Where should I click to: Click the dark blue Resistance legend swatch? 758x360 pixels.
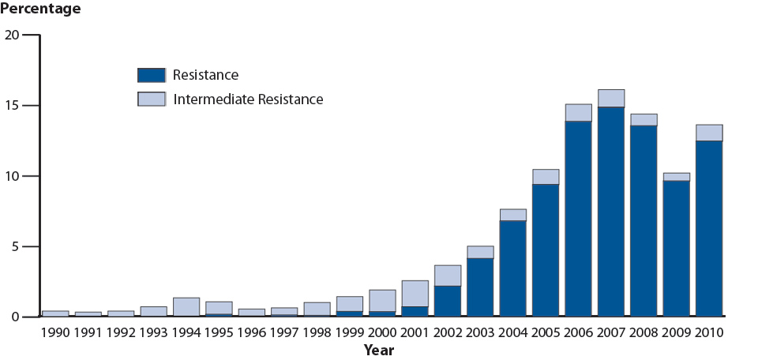coord(151,75)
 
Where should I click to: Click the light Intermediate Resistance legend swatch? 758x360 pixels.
coord(151,99)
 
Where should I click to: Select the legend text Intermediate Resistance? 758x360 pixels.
coord(248,99)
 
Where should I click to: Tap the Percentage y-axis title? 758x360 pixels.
coord(40,9)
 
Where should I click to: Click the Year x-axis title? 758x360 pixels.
coord(379,350)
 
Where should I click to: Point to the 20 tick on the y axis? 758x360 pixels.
coord(12,35)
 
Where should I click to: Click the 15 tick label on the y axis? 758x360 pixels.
coord(12,106)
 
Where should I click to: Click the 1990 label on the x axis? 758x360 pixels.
coord(55,332)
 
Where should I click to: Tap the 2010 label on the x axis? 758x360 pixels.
coord(709,332)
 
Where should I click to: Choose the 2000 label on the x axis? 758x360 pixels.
coord(382,332)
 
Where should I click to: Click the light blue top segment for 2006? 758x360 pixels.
coord(578,113)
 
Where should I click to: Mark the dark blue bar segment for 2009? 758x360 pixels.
coord(676,249)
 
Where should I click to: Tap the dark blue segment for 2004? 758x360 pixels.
coord(512,268)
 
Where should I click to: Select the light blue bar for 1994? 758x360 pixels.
coord(186,307)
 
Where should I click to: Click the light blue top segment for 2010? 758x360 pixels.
coord(709,133)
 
